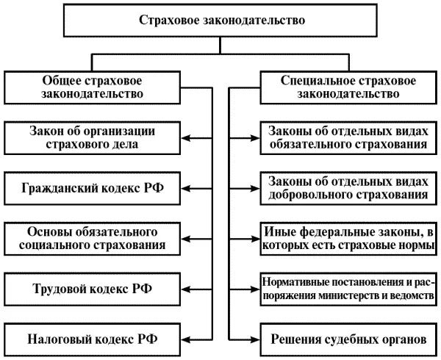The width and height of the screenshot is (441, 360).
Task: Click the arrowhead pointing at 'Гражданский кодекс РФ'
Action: (185, 187)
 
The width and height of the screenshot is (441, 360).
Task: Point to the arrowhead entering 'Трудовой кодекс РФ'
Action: (185, 287)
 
